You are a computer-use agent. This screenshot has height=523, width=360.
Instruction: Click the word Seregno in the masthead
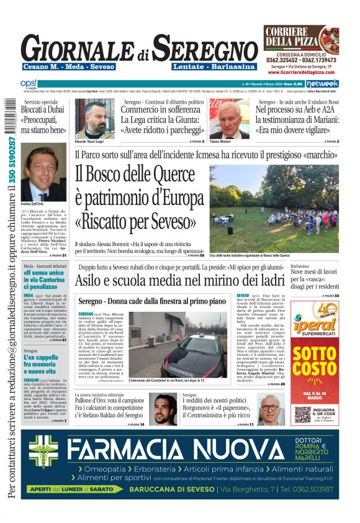tap(205, 47)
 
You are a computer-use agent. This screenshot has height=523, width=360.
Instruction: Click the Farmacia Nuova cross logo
tap(45, 458)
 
